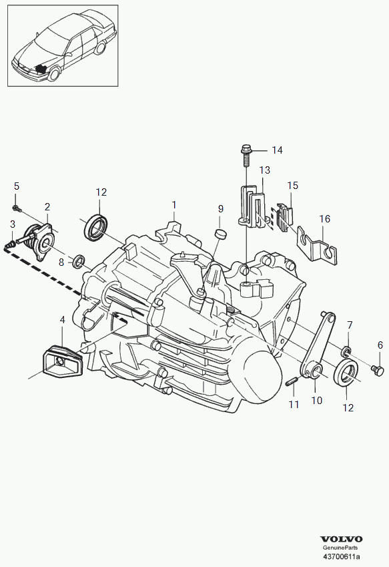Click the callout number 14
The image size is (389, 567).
277,150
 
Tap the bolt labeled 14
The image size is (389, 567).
246,156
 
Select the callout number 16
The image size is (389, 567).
325,218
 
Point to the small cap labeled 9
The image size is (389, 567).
220,234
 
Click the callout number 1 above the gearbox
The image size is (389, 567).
174,205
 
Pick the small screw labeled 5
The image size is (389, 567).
17,208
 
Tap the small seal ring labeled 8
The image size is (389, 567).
79,262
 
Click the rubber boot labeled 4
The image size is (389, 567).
62,362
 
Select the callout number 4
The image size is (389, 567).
63,320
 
